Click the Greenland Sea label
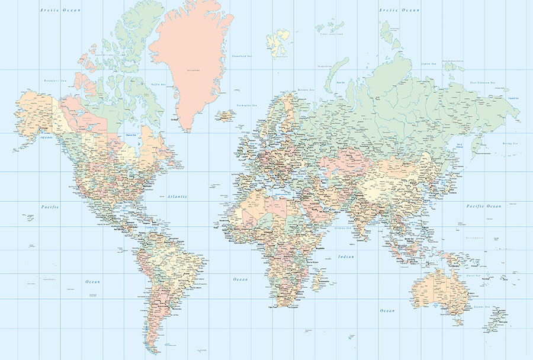(242, 57)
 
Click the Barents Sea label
(306, 90)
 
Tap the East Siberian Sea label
(483, 82)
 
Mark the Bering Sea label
(510, 144)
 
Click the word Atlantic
(177, 196)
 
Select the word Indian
(346, 256)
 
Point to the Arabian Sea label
(343, 227)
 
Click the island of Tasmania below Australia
(457, 320)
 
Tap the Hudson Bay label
(131, 135)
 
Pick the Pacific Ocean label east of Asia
(483, 206)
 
